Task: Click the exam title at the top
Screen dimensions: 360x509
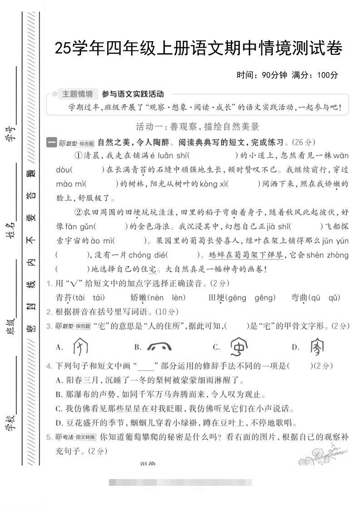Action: [x=198, y=48]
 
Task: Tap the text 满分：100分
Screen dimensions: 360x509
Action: [x=315, y=75]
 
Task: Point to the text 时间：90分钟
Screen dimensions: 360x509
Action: [x=262, y=75]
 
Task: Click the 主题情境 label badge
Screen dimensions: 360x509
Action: [x=77, y=94]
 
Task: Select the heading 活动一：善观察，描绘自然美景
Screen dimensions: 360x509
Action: [x=197, y=127]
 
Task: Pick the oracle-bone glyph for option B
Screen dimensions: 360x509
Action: [x=159, y=347]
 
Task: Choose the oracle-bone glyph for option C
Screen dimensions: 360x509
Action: [x=239, y=347]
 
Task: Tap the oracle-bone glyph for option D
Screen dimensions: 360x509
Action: [x=317, y=347]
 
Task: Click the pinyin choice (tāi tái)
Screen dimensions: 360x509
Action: [x=89, y=298]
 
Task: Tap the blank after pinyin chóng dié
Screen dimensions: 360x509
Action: [x=184, y=255]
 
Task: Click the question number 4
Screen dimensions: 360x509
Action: [x=49, y=366]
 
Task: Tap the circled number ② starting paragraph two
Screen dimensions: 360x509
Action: [x=78, y=212]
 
